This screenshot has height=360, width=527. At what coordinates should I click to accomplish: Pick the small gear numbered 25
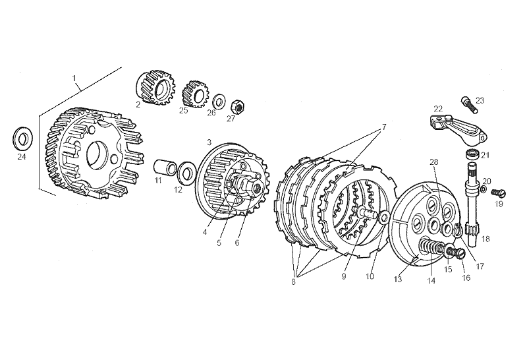click(195, 94)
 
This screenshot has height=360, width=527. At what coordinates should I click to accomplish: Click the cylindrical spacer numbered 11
click(165, 167)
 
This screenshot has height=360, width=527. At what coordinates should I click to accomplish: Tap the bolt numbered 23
click(468, 104)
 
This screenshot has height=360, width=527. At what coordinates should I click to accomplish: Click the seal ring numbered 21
click(473, 154)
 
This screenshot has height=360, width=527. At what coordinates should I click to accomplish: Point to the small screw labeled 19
click(499, 193)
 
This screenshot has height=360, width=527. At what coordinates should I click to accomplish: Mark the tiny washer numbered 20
click(483, 189)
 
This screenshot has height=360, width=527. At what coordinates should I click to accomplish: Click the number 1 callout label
click(74, 78)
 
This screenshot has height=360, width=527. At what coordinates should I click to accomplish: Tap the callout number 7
click(384, 127)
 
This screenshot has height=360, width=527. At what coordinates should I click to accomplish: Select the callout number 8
click(293, 282)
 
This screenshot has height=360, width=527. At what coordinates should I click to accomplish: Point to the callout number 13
click(398, 280)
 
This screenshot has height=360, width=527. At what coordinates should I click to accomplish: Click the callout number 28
click(434, 162)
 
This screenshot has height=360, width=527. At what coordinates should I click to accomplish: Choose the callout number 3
click(209, 142)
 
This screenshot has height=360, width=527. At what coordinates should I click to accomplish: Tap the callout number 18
click(485, 239)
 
